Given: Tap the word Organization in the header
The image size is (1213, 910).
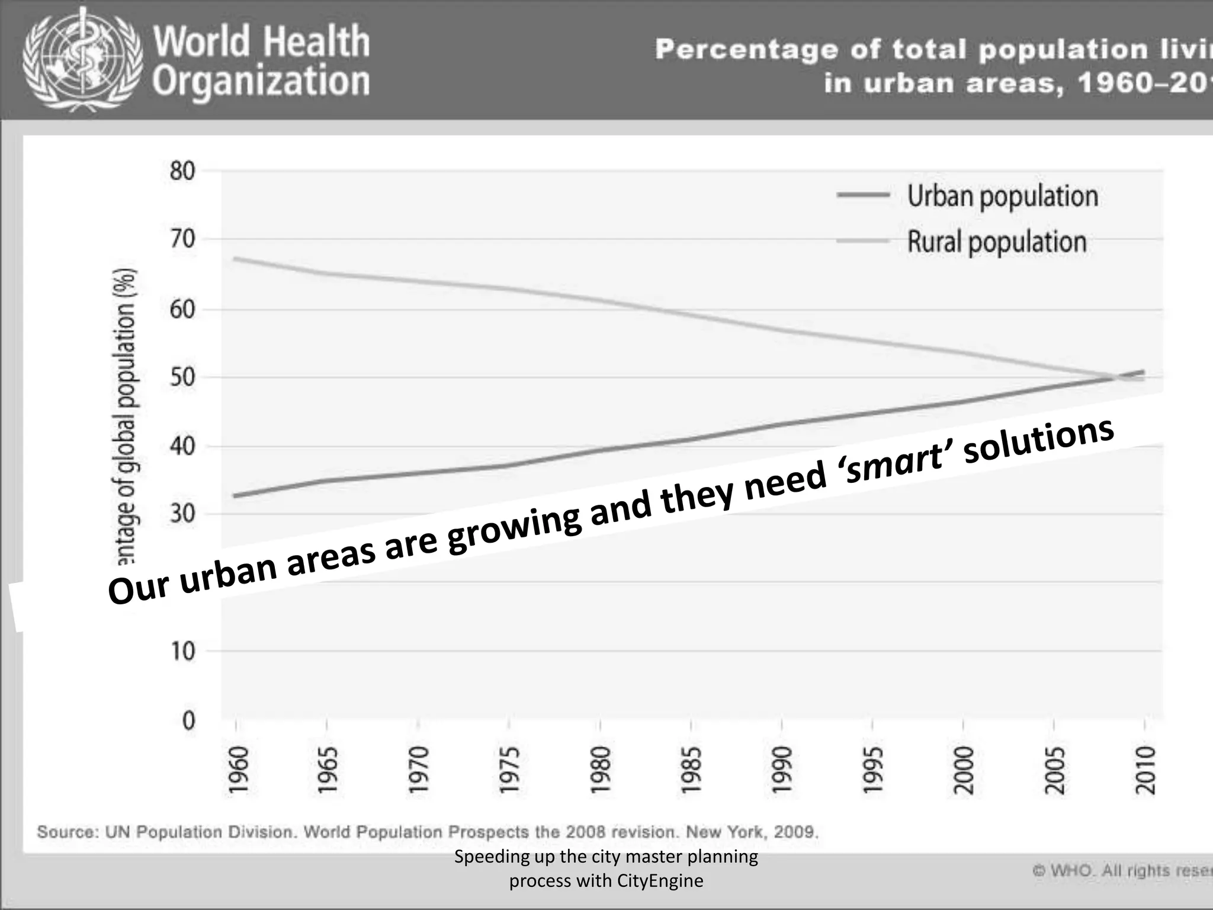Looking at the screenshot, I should coord(261,82).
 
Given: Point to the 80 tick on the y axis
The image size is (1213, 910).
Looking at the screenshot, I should coord(182,171).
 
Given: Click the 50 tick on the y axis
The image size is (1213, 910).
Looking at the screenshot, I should coord(182,377).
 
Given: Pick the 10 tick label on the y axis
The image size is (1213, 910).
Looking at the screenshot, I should coord(182,652).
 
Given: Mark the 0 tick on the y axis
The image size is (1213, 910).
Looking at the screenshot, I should coord(188,720).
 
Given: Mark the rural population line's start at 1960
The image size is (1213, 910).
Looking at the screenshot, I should coord(236,259).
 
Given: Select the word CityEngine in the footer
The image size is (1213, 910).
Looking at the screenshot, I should coord(660,881).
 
